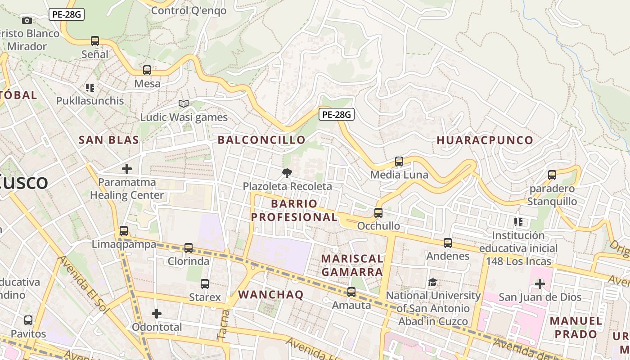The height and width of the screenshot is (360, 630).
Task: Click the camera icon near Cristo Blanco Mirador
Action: coord(27,20)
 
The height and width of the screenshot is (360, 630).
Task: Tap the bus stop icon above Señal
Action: coord(95,41)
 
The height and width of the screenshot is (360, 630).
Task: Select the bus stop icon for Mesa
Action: coord(147,70)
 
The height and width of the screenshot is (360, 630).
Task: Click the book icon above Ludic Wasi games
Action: coord(183,103)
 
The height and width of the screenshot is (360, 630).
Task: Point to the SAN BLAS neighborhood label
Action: coord(109,140)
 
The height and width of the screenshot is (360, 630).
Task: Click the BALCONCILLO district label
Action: coord(261,140)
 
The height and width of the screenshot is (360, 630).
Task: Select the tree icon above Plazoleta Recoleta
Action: coord(287,173)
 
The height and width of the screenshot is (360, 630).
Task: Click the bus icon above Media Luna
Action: coord(399,162)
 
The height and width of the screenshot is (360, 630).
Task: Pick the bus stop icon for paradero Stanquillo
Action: coord(552,175)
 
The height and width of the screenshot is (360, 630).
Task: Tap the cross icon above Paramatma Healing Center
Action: coord(127,169)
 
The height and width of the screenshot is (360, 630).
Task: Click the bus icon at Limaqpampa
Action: coord(124,231)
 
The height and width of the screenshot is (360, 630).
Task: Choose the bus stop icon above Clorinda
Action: coord(189,248)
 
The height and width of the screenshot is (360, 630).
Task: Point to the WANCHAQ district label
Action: coord(270,295)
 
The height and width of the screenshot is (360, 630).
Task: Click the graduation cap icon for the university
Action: coord(432,282)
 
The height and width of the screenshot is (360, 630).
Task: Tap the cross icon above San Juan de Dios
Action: coord(540,284)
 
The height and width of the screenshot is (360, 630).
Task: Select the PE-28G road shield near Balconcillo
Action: coord(337,115)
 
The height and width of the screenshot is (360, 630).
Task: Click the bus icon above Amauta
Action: coord(351,292)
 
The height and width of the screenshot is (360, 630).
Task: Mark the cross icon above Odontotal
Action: coord(157,313)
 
